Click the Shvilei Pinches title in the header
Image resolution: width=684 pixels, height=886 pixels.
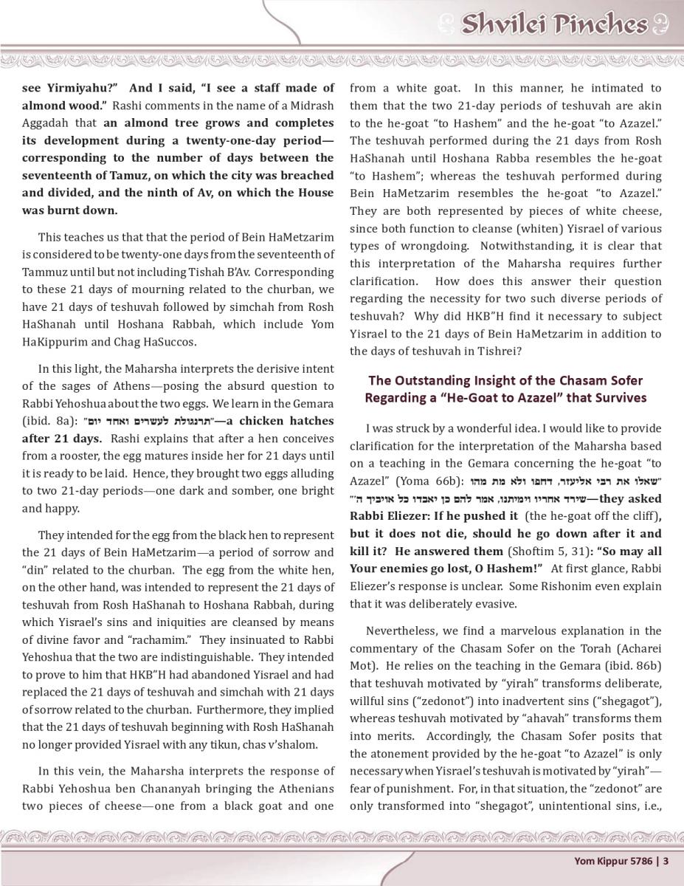point(553,24)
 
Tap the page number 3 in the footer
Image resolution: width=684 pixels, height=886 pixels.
point(666,860)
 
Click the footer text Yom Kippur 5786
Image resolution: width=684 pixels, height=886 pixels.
point(616,860)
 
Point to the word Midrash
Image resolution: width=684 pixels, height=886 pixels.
point(312,106)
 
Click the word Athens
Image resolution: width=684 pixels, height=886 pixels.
point(137,386)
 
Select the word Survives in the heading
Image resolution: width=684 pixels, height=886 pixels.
point(618,398)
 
